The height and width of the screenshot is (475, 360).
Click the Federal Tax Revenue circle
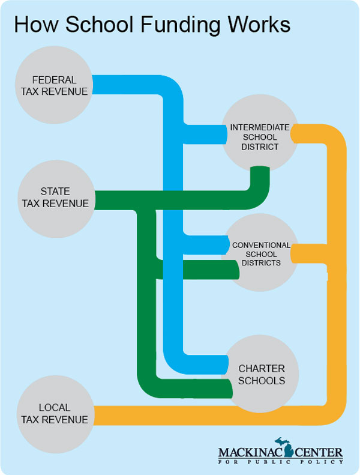54,85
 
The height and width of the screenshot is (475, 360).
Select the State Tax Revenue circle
56,199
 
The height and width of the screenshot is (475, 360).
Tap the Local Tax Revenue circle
56,414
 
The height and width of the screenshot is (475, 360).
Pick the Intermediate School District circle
260,133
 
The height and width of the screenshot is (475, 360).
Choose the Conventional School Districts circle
260,252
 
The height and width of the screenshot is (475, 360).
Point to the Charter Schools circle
260,374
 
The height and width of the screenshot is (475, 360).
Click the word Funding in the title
181,25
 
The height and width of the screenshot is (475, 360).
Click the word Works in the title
259,24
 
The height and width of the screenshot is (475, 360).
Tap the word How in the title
36,24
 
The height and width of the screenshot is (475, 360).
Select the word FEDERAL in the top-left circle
54,80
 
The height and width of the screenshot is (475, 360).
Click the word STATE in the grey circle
55,192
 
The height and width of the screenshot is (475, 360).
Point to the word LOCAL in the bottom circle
55,408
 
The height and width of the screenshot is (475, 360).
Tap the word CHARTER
262,368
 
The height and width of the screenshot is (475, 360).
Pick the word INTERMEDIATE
260,127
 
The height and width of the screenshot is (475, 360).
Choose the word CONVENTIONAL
261,245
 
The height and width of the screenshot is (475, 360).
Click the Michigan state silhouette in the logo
284,447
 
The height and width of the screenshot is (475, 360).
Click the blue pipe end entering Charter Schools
226,365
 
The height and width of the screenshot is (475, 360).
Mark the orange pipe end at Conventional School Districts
293,253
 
